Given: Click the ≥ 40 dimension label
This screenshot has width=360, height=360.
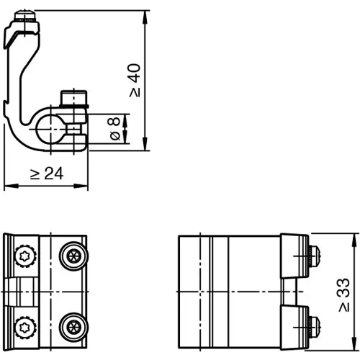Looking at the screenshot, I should click(x=135, y=80).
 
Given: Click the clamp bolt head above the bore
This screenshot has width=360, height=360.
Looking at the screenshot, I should click(x=74, y=96).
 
